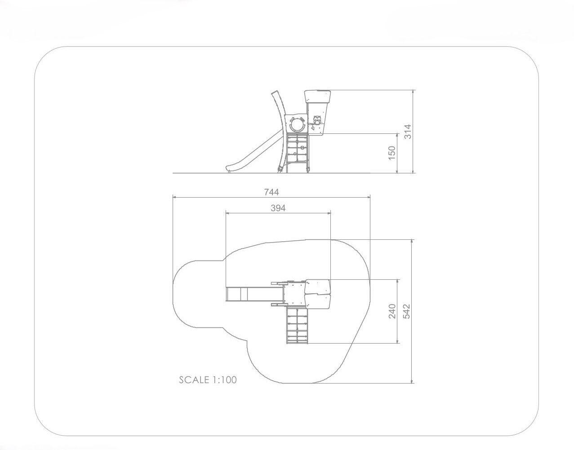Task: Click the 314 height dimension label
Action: click(409, 132)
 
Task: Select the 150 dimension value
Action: click(392, 153)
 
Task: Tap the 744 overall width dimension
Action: click(271, 192)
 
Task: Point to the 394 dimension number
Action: click(278, 208)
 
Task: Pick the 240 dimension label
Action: click(392, 311)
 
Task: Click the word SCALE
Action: click(194, 380)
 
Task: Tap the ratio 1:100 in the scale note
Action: click(225, 380)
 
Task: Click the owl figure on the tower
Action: click(317, 121)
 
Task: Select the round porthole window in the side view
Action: click(297, 124)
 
